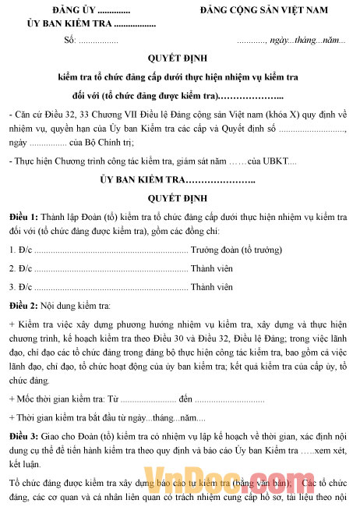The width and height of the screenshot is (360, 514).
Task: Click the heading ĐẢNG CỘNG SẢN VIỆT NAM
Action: click(263, 12)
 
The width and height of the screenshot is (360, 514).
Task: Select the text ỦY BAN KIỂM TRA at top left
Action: click(64, 24)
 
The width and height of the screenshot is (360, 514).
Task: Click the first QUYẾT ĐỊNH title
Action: click(179, 59)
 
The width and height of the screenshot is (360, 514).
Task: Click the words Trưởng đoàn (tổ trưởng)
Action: click(244, 250)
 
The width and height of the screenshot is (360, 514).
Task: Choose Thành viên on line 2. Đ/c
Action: click(212, 268)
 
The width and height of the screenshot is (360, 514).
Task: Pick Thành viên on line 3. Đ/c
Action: click(212, 286)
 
